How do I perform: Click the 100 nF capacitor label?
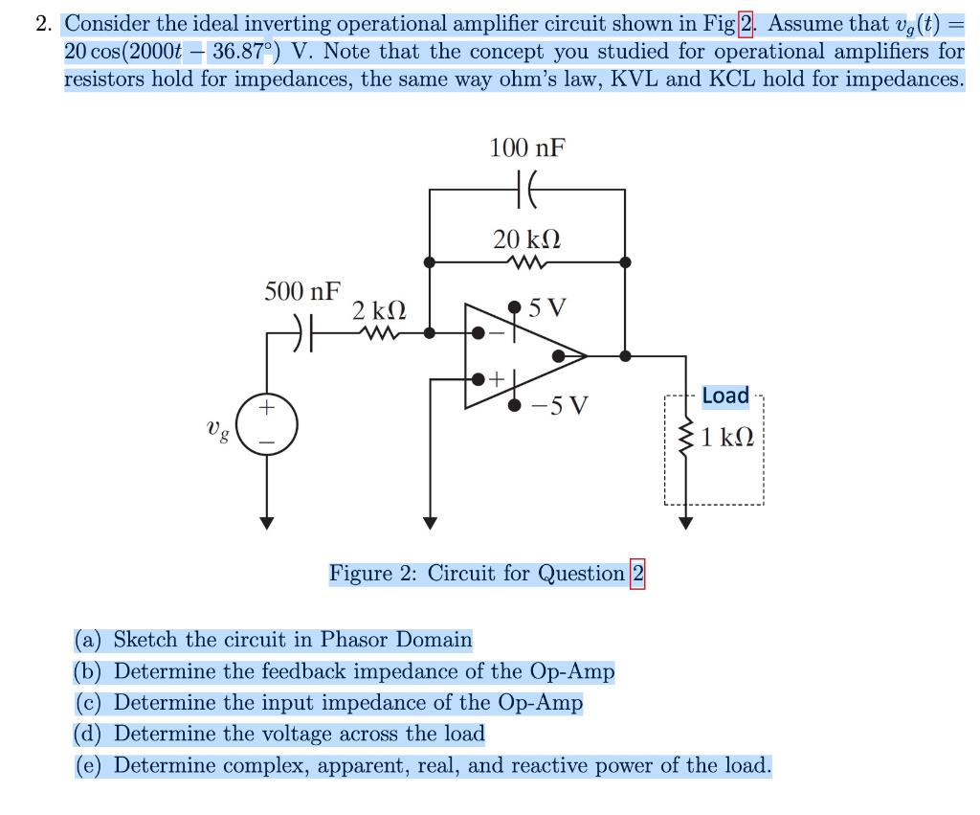coord(526,148)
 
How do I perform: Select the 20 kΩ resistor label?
coord(526,238)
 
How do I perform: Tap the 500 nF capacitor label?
coord(301,291)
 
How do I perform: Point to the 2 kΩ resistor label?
coord(379,310)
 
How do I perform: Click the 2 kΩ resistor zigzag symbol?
coord(379,333)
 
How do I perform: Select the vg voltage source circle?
coord(268,421)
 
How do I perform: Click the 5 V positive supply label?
coord(547,308)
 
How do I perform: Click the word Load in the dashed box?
coord(725,396)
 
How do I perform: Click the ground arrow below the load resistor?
coord(685,521)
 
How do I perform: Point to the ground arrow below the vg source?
coord(268,521)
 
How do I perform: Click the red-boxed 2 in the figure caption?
coord(637,574)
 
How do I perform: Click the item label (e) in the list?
coord(91,766)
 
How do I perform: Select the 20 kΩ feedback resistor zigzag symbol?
coord(527,261)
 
